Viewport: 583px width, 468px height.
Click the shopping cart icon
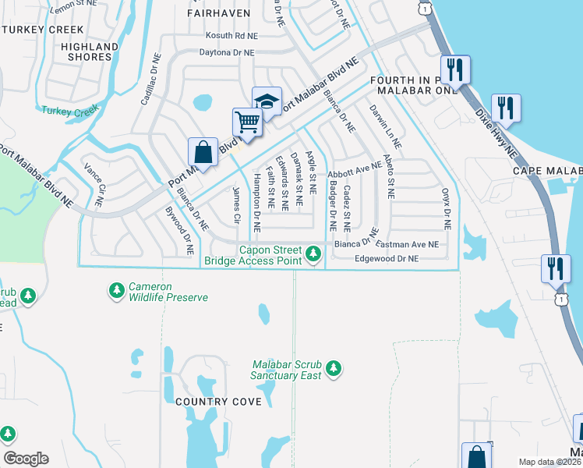(248, 122)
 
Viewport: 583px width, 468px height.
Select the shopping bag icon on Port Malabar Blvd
(203, 151)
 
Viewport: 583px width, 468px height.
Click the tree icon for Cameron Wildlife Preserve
(116, 291)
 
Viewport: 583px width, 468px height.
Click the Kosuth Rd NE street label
(231, 36)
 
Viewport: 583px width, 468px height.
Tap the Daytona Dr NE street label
(228, 52)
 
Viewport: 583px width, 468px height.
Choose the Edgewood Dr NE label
(387, 258)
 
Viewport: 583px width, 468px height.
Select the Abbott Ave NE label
(355, 168)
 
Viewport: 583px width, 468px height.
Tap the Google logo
(26, 459)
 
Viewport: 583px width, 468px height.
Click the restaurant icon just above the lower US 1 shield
(555, 268)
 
